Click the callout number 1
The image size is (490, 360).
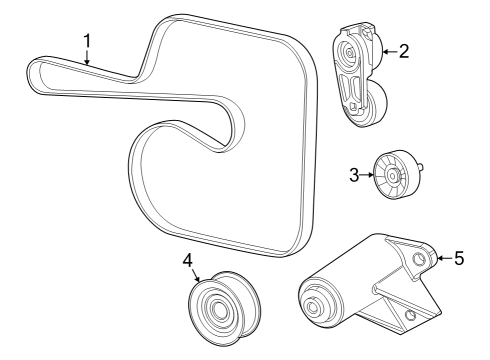tap(87, 40)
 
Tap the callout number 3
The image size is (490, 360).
tap(354, 175)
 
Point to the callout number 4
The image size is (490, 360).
tap(187, 262)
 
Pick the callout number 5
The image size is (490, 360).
tap(459, 258)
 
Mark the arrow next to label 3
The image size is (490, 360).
tap(367, 175)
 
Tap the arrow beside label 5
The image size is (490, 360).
tap(443, 258)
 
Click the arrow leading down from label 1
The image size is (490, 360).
tap(88, 57)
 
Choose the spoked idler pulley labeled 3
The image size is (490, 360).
tap(394, 177)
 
